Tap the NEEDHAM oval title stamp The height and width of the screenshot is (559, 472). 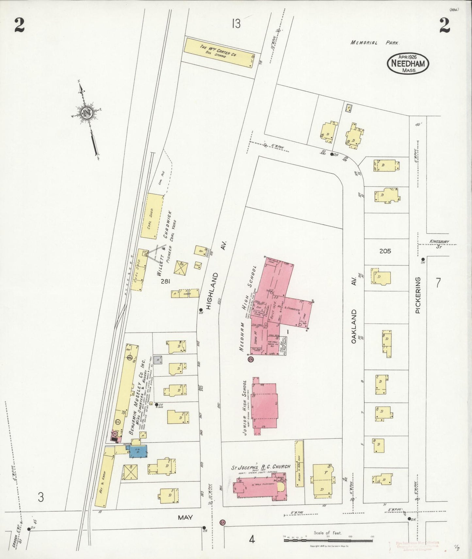(x=408, y=64)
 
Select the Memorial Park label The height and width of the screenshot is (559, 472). (x=375, y=43)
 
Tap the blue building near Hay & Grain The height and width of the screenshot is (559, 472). (x=138, y=452)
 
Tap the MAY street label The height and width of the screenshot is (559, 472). (x=185, y=517)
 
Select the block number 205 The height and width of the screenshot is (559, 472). (x=385, y=251)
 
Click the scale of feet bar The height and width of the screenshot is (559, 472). (x=328, y=540)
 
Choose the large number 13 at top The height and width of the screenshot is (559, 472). (x=236, y=23)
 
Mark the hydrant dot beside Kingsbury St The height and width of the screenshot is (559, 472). (x=423, y=259)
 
